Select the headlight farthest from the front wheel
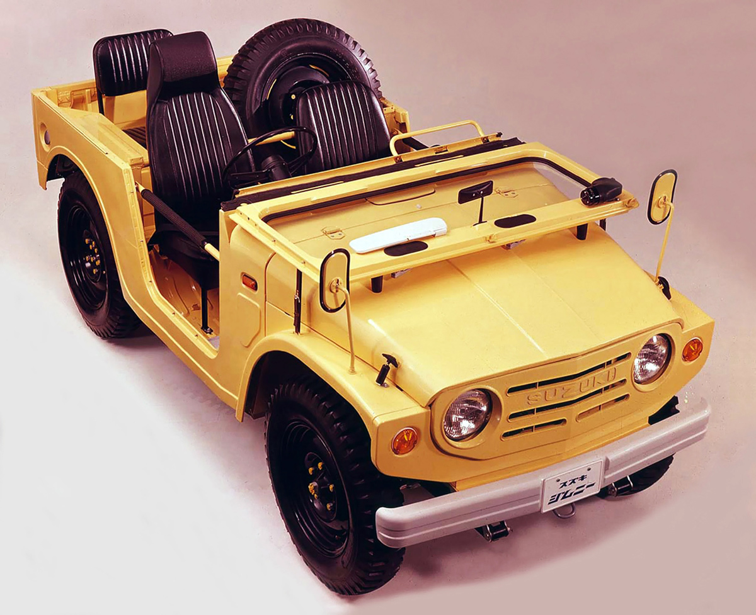click(652, 359)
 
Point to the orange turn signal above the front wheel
click(404, 441)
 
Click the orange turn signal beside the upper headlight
click(692, 349)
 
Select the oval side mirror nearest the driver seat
click(335, 280)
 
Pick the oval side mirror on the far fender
click(662, 197)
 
